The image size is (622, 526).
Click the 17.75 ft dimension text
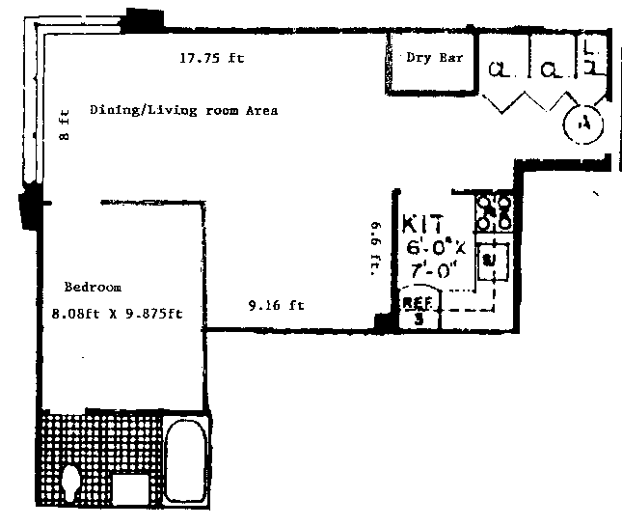click(212, 58)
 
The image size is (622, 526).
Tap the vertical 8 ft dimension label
click(65, 125)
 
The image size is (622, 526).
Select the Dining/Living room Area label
click(183, 110)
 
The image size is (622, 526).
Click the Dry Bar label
click(434, 58)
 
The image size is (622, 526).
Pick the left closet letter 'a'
click(499, 69)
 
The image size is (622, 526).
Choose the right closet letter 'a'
click(550, 69)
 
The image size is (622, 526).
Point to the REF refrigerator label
click(418, 302)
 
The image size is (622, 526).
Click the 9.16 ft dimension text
click(276, 306)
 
